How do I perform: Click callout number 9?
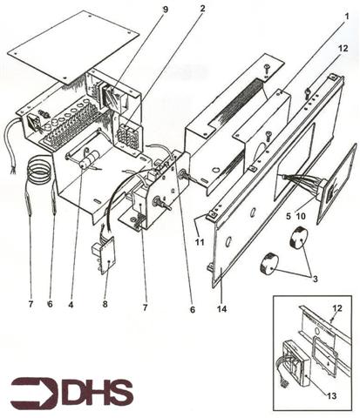coord(166,10)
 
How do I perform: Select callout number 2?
coord(202,10)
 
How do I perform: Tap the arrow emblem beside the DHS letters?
coord(34,393)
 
